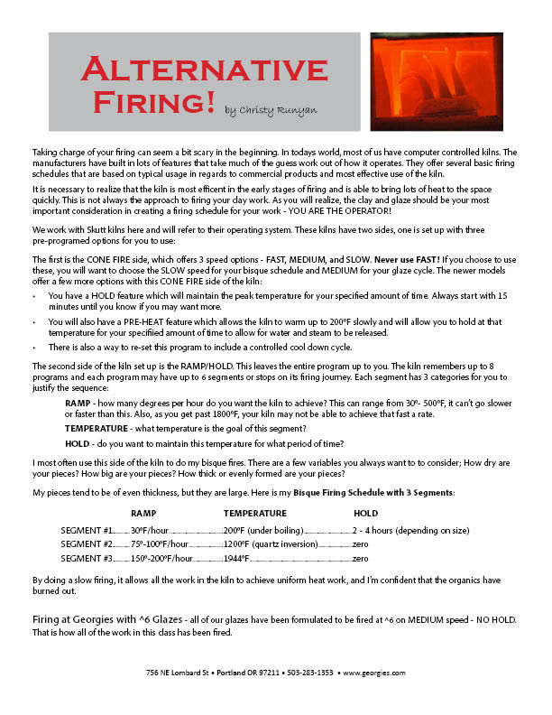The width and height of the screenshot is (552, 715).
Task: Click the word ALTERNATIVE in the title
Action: click(204, 70)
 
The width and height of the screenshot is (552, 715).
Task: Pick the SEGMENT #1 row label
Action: click(86, 530)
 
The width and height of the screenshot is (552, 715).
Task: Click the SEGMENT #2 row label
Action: click(86, 544)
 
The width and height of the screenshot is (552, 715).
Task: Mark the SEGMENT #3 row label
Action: click(86, 559)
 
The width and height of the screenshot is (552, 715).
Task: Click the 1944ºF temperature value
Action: click(236, 559)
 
